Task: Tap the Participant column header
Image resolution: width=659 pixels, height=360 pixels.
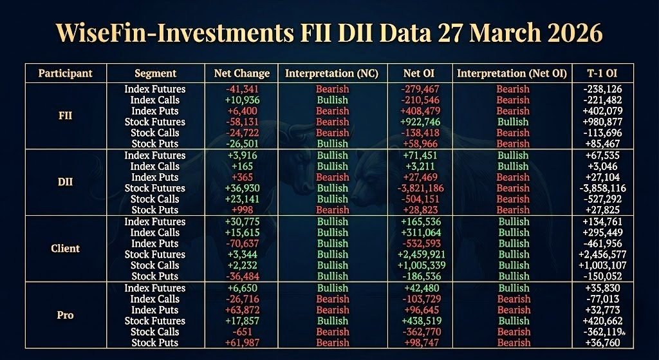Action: point(66,73)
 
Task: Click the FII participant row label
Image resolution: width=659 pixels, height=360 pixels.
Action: point(66,117)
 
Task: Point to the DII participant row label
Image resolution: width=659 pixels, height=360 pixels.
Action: point(66,182)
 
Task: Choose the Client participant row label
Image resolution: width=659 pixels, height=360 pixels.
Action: point(66,249)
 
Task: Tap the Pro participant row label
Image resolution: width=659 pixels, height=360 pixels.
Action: point(66,315)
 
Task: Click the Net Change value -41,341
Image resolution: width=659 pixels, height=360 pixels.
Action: point(241,89)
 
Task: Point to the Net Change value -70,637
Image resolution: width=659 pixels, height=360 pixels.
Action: point(241,243)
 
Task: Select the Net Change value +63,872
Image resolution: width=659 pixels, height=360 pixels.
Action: point(241,310)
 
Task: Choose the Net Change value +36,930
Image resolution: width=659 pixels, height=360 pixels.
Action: point(241,188)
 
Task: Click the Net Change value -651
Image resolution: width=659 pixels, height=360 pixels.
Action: point(241,332)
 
